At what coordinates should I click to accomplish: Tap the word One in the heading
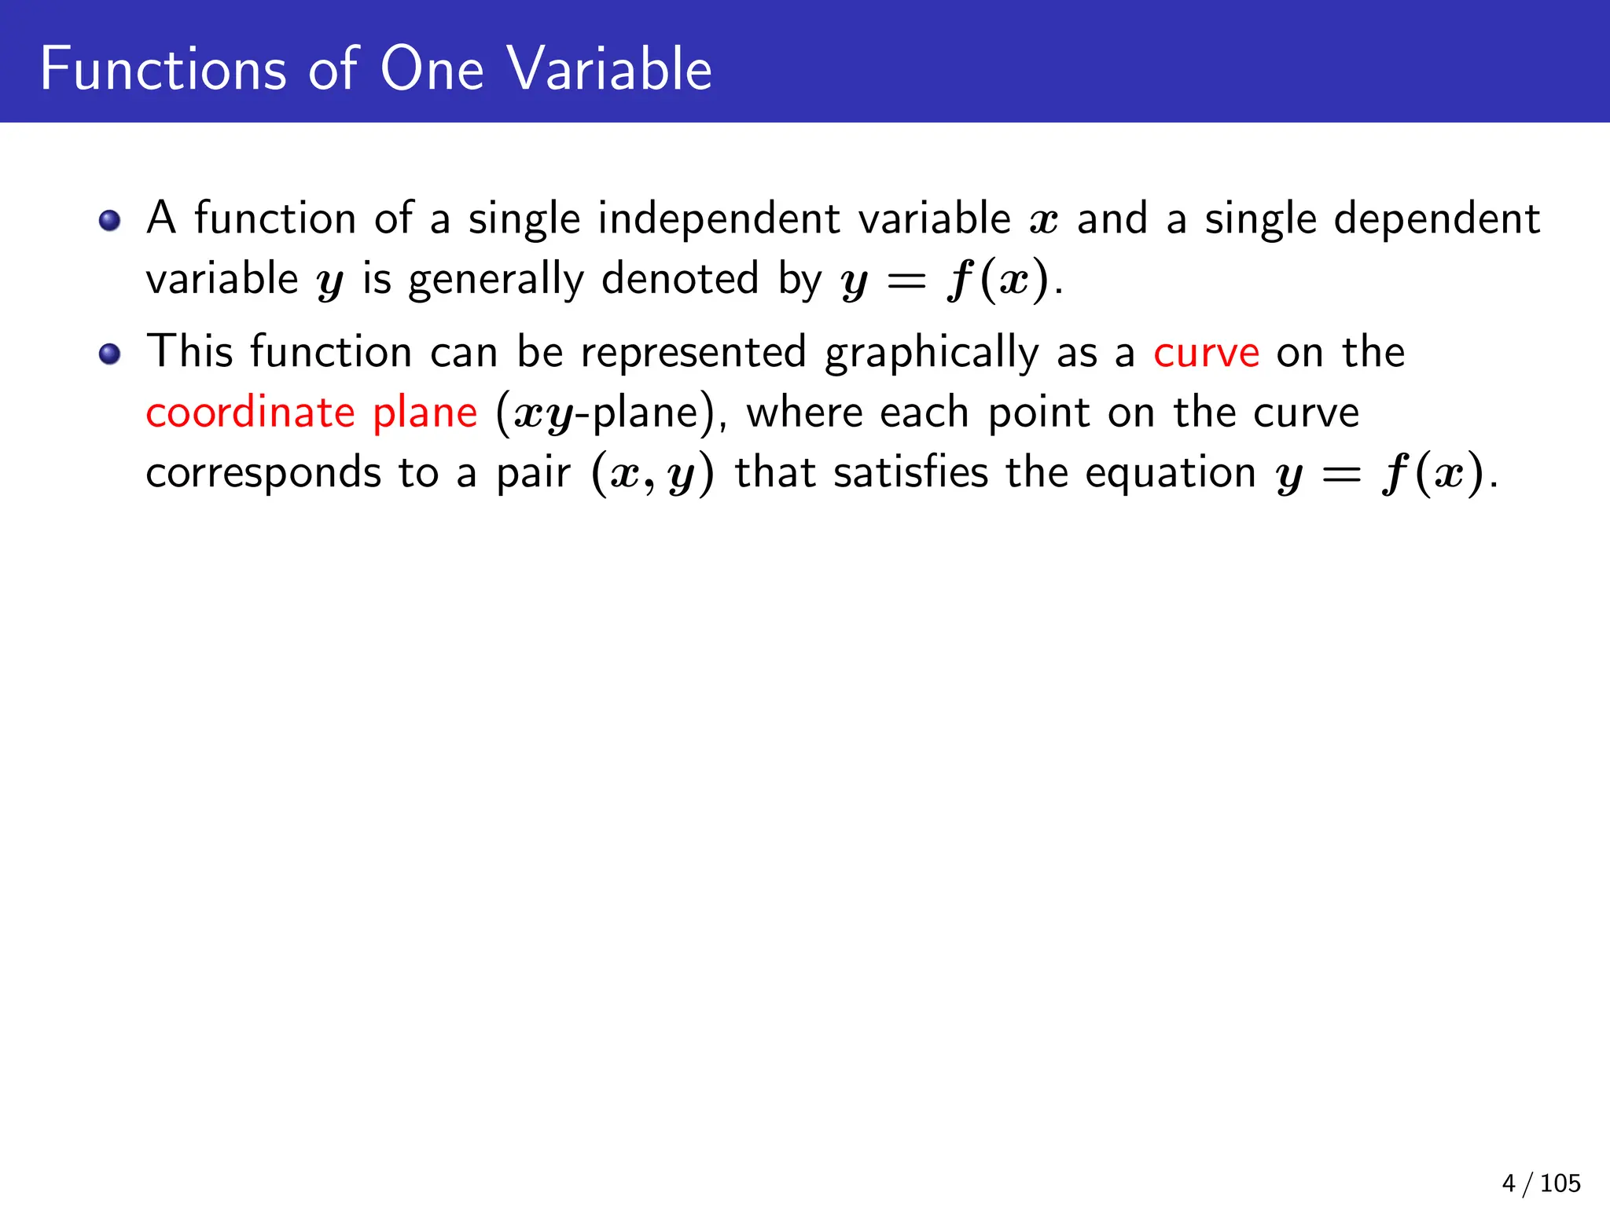pyautogui.click(x=432, y=69)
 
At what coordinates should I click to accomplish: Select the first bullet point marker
pyautogui.click(x=110, y=220)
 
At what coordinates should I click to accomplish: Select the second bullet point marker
pyautogui.click(x=110, y=354)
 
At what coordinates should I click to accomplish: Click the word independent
pyautogui.click(x=719, y=218)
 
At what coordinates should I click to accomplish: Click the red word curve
pyautogui.click(x=1206, y=353)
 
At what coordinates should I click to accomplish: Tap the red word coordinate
pyautogui.click(x=250, y=413)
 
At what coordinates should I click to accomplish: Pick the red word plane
pyautogui.click(x=425, y=414)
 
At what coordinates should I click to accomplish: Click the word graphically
pyautogui.click(x=931, y=353)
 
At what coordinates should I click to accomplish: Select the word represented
pyautogui.click(x=693, y=353)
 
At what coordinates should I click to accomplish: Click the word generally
pyautogui.click(x=496, y=281)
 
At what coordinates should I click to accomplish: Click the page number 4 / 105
pyautogui.click(x=1541, y=1183)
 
